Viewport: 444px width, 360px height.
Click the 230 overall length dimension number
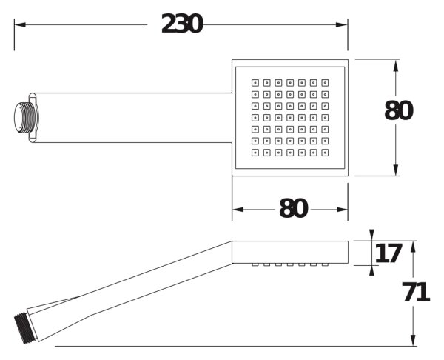(182, 24)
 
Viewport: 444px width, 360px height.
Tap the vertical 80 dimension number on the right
(399, 110)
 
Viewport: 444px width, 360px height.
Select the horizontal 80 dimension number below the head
(293, 208)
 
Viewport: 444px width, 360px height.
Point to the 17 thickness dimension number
(388, 253)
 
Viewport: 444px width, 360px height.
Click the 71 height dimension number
(416, 293)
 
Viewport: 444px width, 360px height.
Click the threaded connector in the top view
(25, 118)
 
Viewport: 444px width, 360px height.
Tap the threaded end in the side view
(25, 328)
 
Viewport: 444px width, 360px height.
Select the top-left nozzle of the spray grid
(255, 83)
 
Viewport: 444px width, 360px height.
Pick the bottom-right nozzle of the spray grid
(325, 153)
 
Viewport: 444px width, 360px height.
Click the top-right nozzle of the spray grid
(325, 83)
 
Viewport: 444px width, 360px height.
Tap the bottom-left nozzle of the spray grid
(255, 153)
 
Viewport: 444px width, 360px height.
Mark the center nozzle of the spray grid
(290, 118)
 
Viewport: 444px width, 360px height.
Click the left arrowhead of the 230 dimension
(20, 24)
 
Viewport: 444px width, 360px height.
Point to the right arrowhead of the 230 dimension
(342, 24)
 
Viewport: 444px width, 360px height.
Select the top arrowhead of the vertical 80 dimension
(396, 65)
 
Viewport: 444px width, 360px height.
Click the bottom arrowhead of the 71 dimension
(413, 340)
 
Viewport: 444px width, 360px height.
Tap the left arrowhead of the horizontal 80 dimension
(238, 210)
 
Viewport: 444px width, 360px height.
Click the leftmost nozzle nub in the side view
(255, 264)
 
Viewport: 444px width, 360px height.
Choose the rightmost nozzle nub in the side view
(325, 264)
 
